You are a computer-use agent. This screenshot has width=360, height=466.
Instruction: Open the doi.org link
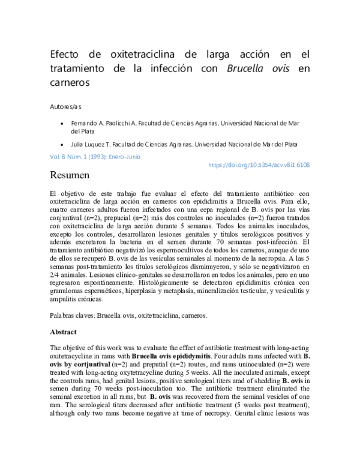tap(258, 165)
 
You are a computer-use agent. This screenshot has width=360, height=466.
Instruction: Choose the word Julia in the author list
tap(79, 145)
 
